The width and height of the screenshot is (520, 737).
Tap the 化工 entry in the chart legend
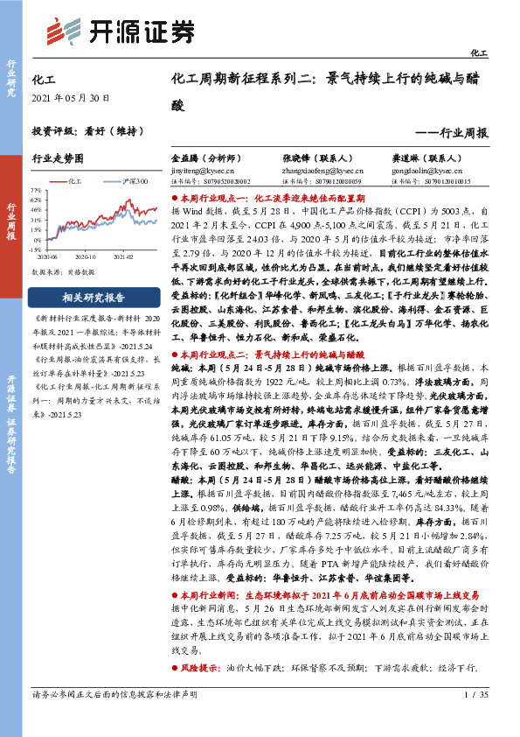coord(73,180)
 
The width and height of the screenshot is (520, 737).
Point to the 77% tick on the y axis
coord(36,190)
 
